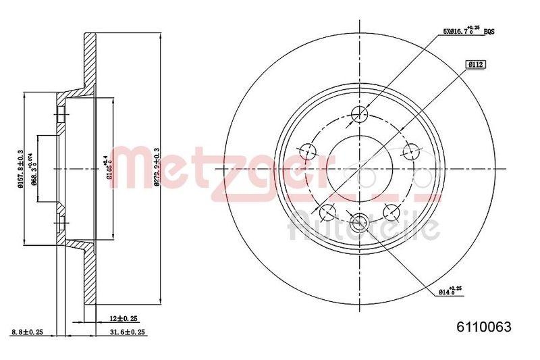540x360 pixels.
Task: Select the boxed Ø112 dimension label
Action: tap(477, 65)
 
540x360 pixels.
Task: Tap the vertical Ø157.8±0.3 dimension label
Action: tap(21, 168)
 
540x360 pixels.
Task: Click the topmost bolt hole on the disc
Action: tap(359, 114)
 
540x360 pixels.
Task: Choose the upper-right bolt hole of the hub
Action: tap(409, 150)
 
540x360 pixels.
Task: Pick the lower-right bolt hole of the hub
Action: tap(390, 211)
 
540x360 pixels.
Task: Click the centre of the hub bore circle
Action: tap(359, 169)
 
